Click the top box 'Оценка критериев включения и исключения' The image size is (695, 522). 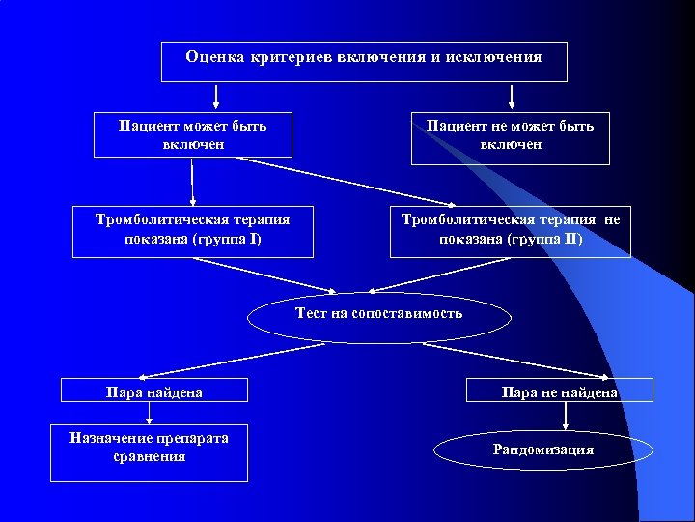coord(364,62)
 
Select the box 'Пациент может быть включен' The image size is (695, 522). coord(193,134)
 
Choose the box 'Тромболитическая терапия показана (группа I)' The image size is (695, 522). coord(193,230)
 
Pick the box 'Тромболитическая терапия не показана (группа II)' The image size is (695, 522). coord(511,230)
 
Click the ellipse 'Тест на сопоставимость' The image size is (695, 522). coord(379,314)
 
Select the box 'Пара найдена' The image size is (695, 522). coord(154,391)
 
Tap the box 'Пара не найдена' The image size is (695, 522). coord(560,391)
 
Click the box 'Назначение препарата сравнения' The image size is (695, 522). coord(149,451)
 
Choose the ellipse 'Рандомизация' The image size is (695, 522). coord(543,450)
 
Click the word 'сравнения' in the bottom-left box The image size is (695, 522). coord(149,456)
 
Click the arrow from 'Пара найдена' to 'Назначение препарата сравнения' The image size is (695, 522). coord(149,413)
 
